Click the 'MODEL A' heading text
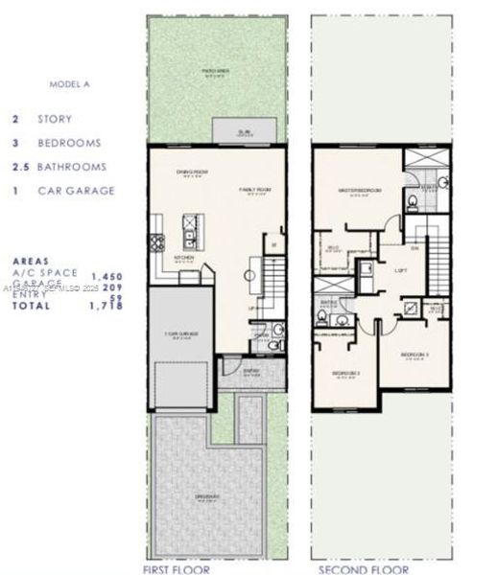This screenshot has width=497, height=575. [69, 84]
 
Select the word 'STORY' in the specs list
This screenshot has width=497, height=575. [54, 120]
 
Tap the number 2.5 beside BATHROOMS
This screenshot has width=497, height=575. [18, 167]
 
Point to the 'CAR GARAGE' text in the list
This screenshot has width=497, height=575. [76, 191]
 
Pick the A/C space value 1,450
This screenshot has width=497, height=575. [106, 275]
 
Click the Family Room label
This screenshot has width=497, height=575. [255, 191]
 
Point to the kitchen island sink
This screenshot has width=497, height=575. [190, 231]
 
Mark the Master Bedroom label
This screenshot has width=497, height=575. [360, 192]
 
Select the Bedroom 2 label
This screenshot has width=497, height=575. [346, 373]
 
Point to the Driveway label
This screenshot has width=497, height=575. [205, 495]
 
